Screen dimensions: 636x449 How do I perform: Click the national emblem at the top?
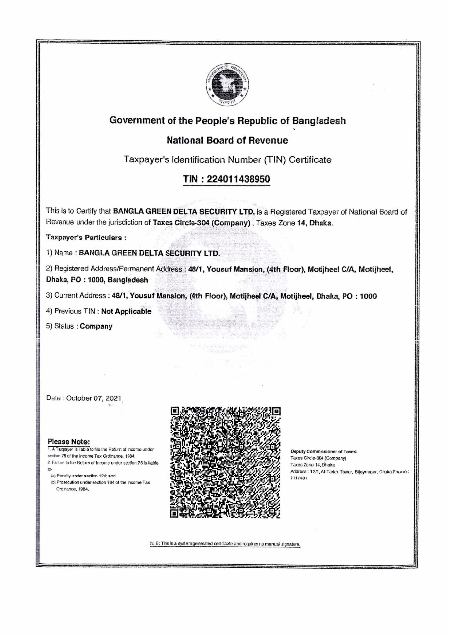[227, 85]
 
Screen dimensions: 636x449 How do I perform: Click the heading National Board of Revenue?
[227, 141]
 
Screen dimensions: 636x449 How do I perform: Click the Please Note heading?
[68, 441]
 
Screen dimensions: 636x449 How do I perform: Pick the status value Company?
[96, 326]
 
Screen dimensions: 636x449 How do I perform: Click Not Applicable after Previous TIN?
[126, 311]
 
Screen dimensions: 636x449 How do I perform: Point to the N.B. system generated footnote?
[226, 544]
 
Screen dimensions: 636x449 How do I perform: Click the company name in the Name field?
[149, 252]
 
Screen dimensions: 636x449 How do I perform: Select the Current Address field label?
[79, 296]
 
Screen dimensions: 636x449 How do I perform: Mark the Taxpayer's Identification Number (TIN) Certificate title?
[227, 160]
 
